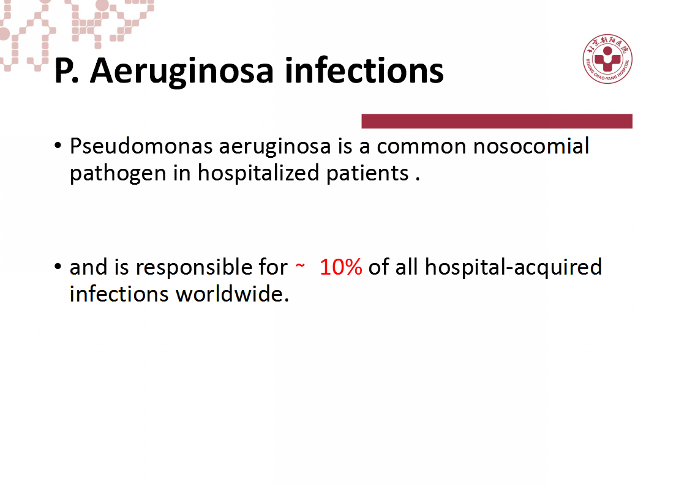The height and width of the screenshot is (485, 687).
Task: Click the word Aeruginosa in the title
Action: (182, 72)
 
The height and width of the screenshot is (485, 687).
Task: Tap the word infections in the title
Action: (364, 70)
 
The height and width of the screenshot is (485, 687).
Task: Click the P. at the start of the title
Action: (67, 70)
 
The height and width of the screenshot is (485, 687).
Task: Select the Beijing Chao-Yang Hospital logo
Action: (607, 59)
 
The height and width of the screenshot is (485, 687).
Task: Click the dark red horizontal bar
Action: (497, 121)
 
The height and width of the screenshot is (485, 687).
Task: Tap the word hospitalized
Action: (258, 173)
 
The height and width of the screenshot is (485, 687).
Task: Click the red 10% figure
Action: (341, 267)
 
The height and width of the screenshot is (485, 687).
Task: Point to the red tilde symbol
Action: (300, 265)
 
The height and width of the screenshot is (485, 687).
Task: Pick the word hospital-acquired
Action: (514, 267)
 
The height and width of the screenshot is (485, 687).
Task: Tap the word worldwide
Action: (232, 294)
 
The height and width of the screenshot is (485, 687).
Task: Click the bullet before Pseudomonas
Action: (58, 146)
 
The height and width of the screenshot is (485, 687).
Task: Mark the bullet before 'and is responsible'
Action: (58, 266)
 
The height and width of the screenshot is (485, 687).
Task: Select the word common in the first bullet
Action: (421, 147)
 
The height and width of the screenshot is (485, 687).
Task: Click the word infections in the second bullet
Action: (119, 294)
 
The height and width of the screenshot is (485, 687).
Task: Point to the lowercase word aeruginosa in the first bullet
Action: (275, 147)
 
